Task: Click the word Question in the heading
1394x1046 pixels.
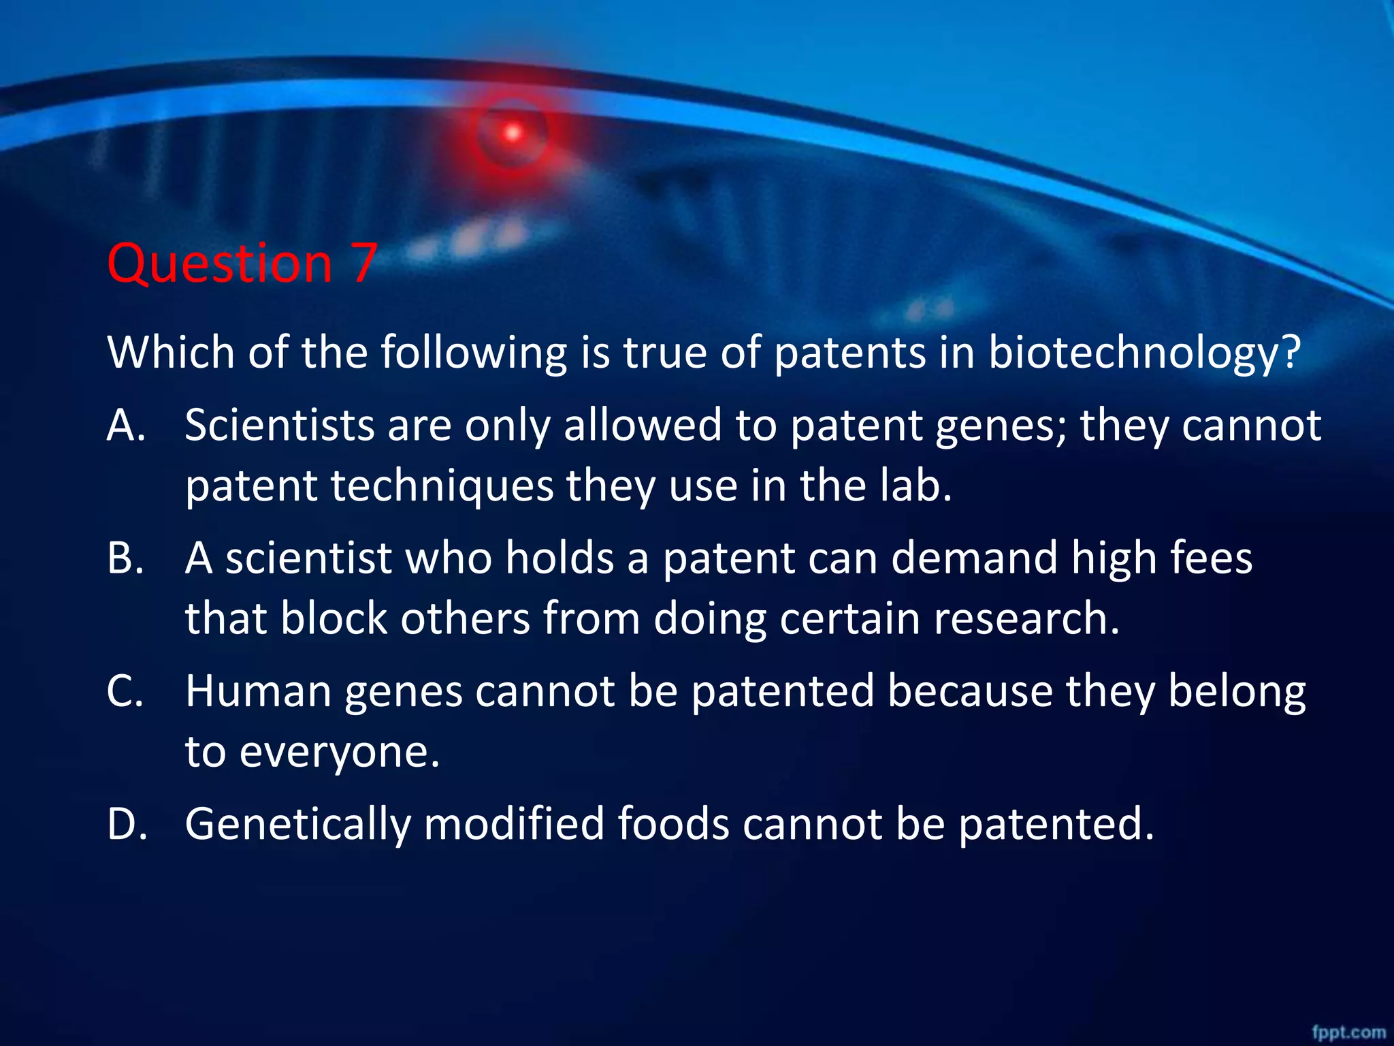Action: pyautogui.click(x=219, y=264)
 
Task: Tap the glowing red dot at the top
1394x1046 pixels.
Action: pyautogui.click(x=513, y=132)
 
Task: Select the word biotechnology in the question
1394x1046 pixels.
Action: pyautogui.click(x=1144, y=354)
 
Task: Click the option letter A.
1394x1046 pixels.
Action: pyautogui.click(x=126, y=426)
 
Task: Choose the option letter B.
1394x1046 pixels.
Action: pyautogui.click(x=125, y=558)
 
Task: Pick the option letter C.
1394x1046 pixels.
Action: pyautogui.click(x=125, y=691)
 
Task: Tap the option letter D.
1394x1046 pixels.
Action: pyautogui.click(x=127, y=824)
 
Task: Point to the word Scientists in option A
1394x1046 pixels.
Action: pyautogui.click(x=280, y=426)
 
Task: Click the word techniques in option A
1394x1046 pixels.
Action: pyautogui.click(x=442, y=487)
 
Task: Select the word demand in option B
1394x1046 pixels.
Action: pyautogui.click(x=974, y=558)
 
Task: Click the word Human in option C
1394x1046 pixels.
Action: pyautogui.click(x=258, y=691)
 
